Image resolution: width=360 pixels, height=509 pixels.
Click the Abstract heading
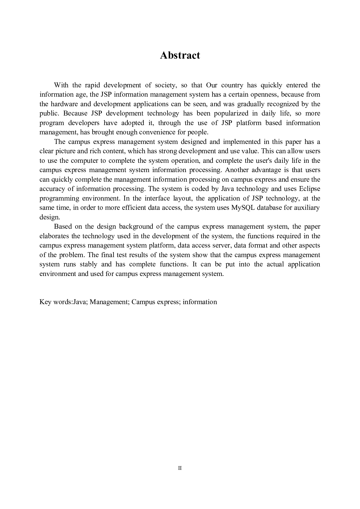pyautogui.click(x=180, y=55)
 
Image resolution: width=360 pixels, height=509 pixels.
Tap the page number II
pyautogui.click(x=180, y=468)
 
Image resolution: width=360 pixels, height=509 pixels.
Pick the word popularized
pyautogui.click(x=231, y=113)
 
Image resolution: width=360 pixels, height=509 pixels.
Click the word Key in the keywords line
pyautogui.click(x=45, y=302)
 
